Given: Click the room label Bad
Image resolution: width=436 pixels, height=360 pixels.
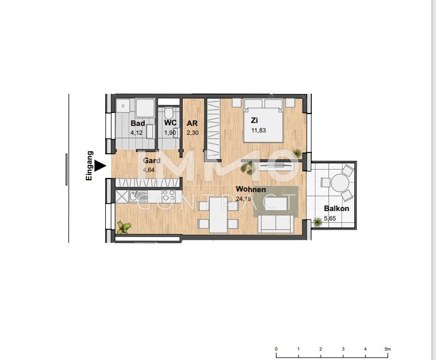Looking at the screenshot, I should tap(138, 124).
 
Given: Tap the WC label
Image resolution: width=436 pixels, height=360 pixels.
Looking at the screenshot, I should tap(170, 124).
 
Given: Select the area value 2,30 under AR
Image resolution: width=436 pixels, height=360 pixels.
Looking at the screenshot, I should tap(192, 133).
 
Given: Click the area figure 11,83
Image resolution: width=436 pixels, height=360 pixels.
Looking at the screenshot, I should tap(258, 131).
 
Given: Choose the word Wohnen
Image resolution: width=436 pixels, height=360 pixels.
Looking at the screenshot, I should tap(250, 189).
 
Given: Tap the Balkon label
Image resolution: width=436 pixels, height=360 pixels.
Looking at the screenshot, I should tap(336, 209).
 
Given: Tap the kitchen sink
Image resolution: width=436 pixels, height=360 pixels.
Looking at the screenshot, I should tap(138, 196).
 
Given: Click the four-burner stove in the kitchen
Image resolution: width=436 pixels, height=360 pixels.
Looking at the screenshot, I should tap(167, 196).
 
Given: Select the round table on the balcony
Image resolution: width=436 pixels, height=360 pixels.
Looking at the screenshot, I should tap(340, 184).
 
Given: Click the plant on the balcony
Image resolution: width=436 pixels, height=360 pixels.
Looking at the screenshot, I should tap(318, 222).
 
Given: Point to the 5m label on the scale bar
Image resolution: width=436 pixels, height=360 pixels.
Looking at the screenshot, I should tap(387, 349).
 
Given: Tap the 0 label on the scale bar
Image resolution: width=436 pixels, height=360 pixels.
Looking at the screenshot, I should tap(276, 349).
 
